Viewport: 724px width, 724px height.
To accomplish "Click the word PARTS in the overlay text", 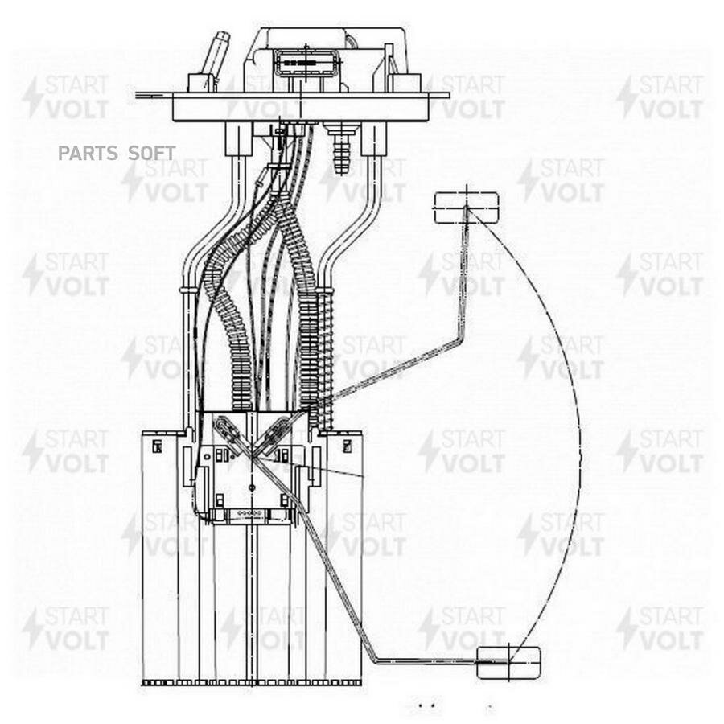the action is [x=84, y=153].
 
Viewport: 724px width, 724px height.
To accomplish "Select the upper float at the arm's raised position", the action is [x=466, y=207].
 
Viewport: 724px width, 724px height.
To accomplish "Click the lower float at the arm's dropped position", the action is [x=508, y=662].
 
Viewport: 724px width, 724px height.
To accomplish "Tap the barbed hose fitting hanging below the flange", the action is [x=341, y=149].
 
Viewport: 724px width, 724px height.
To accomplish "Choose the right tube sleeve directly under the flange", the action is [x=373, y=138].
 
